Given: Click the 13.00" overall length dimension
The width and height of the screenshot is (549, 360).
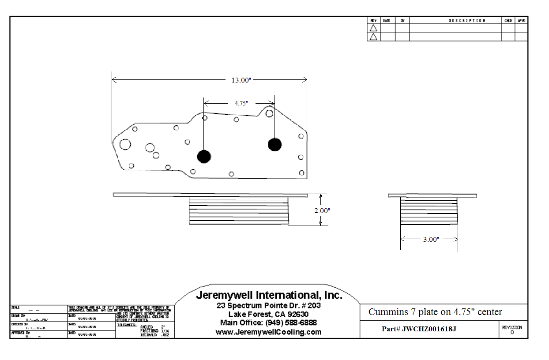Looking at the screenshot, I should pyautogui.click(x=241, y=80).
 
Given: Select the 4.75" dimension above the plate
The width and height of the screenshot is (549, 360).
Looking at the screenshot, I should pyautogui.click(x=241, y=103).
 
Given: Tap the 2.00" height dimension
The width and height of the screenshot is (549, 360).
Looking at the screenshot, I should pyautogui.click(x=322, y=211).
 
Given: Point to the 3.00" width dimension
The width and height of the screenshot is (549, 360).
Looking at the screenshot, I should pyautogui.click(x=431, y=240).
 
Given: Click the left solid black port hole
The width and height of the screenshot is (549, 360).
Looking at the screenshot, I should pyautogui.click(x=204, y=156).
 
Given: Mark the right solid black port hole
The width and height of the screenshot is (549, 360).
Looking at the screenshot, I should pyautogui.click(x=274, y=144).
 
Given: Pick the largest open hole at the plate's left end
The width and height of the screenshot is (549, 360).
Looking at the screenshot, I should pyautogui.click(x=125, y=144).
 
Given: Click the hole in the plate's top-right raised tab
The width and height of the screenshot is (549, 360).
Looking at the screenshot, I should pyautogui.click(x=269, y=113).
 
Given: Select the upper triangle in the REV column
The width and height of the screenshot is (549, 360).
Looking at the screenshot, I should pyautogui.click(x=373, y=28).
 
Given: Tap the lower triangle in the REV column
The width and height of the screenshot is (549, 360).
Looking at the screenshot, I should pyautogui.click(x=373, y=37).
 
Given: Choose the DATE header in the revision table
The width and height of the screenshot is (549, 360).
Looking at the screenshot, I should pyautogui.click(x=387, y=21).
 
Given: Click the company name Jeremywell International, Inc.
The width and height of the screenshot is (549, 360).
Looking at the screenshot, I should pyautogui.click(x=269, y=296).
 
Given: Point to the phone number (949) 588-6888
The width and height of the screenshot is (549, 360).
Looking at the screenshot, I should pyautogui.click(x=291, y=323).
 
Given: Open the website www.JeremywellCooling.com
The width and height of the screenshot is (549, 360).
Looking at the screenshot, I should pyautogui.click(x=268, y=332).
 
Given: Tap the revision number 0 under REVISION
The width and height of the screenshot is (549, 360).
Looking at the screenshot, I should pyautogui.click(x=512, y=333).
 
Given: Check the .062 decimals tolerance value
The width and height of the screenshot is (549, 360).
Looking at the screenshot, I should pyautogui.click(x=165, y=335).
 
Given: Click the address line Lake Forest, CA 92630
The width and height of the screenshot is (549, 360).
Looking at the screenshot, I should pyautogui.click(x=268, y=314).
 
